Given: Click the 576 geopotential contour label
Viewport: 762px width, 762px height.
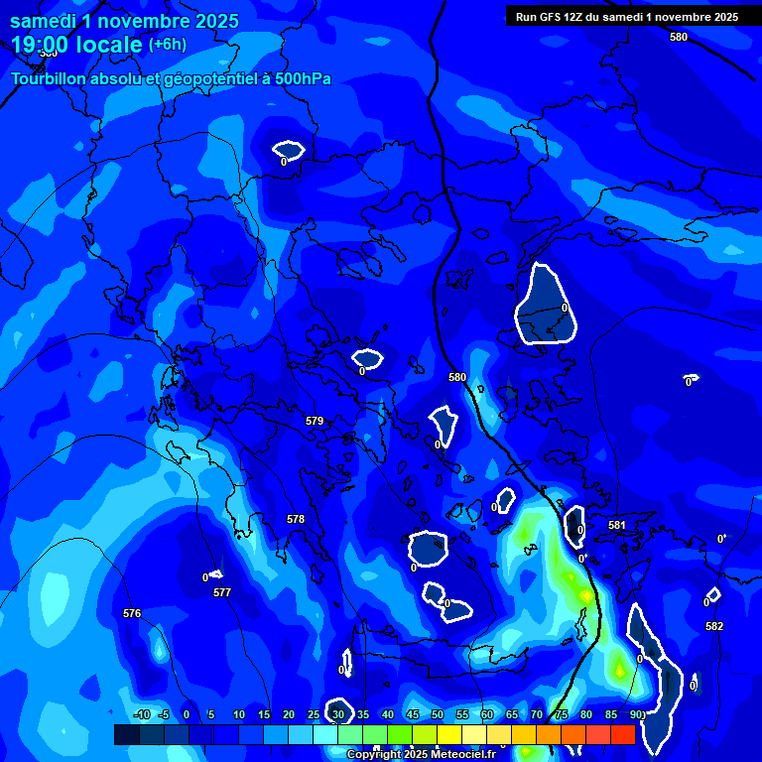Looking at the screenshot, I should coord(132,613).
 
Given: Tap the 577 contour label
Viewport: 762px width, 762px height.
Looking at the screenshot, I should coord(222,592).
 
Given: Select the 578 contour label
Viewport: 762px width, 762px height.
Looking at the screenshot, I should coord(296,519).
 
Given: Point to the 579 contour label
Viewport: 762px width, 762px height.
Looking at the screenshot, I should coord(315,421).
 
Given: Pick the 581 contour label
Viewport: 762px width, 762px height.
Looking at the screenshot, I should coord(617,525).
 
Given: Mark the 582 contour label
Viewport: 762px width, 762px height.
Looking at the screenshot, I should coord(714,626).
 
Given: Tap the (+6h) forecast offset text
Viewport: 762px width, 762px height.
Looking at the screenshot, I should coord(167,45).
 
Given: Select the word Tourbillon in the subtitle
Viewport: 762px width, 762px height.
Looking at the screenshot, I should coord(51,79).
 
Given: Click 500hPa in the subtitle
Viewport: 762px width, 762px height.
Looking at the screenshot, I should coord(299,79).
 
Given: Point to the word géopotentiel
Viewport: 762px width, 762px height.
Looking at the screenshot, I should coord(195,79).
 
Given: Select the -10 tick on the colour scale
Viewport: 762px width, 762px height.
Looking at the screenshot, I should coord(142,714).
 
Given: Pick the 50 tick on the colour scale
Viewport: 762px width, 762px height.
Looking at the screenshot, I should coord(438,714).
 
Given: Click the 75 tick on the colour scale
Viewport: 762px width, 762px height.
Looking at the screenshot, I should coord(562,714).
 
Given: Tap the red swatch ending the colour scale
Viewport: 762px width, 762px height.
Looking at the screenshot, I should coord(622,734).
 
